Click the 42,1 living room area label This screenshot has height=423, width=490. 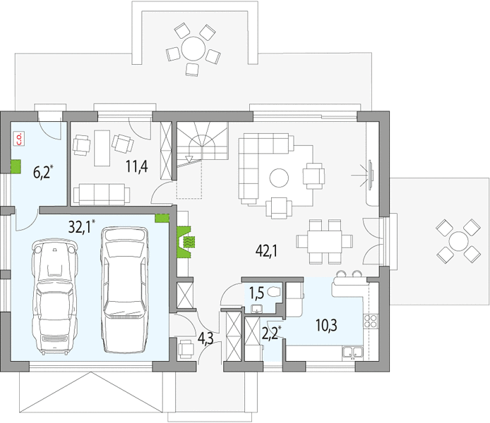[266, 250]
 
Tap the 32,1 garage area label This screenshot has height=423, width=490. [79, 227]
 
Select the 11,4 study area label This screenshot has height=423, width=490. [136, 166]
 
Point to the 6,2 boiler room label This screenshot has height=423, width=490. [42, 173]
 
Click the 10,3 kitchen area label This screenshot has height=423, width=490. [326, 326]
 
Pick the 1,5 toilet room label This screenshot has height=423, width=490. [256, 293]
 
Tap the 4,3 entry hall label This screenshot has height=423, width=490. [205, 338]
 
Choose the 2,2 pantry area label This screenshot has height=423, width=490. [270, 333]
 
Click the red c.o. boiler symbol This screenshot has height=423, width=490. [19, 139]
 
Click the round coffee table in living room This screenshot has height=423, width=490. [279, 178]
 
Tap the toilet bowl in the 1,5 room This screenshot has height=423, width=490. [275, 292]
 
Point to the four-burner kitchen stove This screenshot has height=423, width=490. [371, 321]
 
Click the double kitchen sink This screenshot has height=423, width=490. [352, 352]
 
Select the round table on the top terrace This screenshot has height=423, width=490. [193, 49]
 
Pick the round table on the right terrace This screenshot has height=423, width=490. [458, 241]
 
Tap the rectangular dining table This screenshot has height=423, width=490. [324, 241]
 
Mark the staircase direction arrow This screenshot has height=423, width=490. [189, 159]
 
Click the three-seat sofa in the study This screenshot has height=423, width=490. [102, 195]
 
